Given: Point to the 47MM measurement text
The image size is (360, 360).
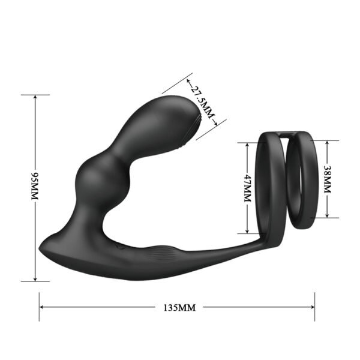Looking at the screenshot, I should tap(247, 188).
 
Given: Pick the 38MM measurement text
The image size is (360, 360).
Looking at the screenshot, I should tap(327, 179).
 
